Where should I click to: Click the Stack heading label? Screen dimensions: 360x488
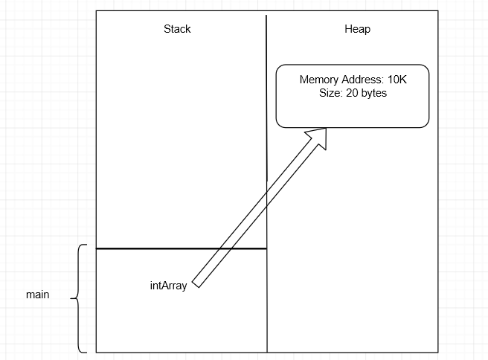pos(177,30)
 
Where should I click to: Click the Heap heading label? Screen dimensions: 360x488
pos(357,30)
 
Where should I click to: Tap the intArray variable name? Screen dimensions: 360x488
pos(169,285)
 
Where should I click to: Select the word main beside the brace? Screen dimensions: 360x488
pos(37,295)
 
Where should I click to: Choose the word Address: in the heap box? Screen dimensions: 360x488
pos(362,80)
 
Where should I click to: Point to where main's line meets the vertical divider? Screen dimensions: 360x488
pos(266,248)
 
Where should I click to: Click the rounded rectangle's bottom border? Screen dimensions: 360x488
pos(353,127)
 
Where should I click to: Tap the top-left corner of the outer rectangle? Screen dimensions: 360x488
pos(97,10)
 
